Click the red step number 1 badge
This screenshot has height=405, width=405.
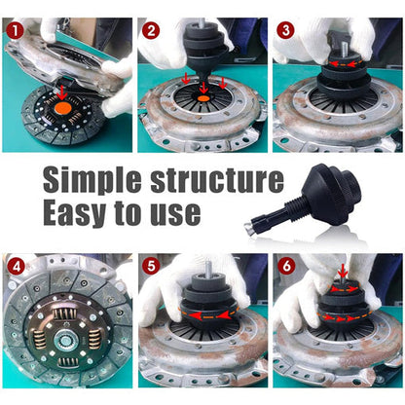[15, 29]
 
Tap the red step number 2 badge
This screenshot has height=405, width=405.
[150, 29]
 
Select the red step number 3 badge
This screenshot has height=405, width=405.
[284, 29]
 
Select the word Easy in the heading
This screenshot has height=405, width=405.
[80, 212]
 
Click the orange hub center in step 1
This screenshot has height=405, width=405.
[62, 109]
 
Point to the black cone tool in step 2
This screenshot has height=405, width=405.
[202, 58]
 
